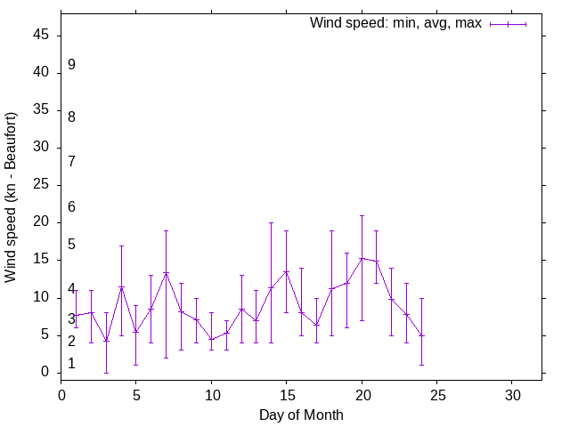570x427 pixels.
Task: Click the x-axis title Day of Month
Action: (x=301, y=415)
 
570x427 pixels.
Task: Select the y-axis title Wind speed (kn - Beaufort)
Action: (x=12, y=197)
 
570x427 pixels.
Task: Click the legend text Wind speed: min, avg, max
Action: (x=395, y=23)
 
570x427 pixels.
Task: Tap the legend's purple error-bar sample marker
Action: (x=508, y=24)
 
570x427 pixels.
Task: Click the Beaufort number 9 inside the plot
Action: (x=71, y=65)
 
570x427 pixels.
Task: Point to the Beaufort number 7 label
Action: (x=71, y=161)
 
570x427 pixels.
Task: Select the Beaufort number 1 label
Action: (x=71, y=364)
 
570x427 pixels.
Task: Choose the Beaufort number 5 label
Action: (x=71, y=245)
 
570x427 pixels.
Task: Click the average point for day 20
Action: (x=362, y=258)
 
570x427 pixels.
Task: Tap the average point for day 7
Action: (x=166, y=273)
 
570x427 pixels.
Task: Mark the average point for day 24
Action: (x=421, y=335)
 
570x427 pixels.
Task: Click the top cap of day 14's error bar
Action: (x=271, y=223)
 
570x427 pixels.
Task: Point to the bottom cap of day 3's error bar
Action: (x=106, y=373)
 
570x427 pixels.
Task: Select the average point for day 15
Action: (x=286, y=271)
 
